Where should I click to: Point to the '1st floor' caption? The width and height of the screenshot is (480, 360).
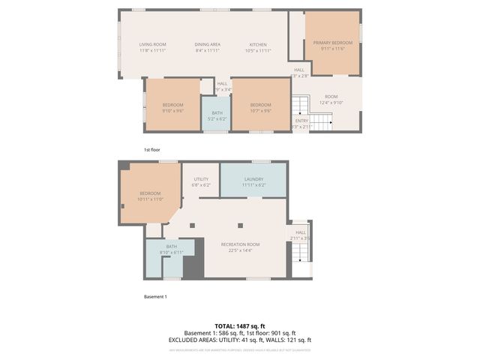pyautogui.click(x=152, y=150)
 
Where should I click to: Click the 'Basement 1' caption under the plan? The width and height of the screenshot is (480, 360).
pyautogui.click(x=155, y=297)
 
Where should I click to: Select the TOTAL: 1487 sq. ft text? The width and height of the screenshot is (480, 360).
pyautogui.click(x=240, y=325)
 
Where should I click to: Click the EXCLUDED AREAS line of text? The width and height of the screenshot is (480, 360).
pyautogui.click(x=240, y=340)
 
